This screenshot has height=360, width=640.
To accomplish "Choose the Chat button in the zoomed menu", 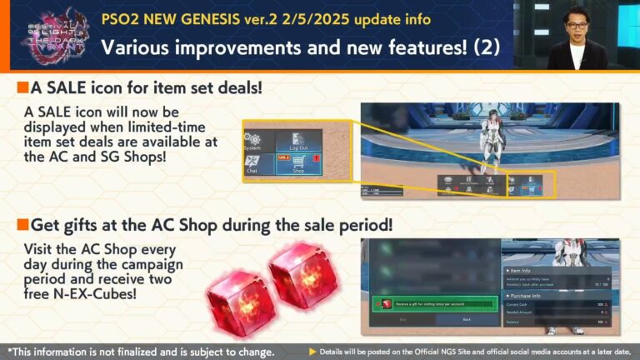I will pyautogui.click(x=253, y=164).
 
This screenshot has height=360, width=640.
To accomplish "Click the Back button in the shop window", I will pyautogui.click(x=466, y=319).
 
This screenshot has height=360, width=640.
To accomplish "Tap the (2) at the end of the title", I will pyautogui.click(x=487, y=47).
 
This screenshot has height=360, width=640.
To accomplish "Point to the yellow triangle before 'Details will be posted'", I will pyautogui.click(x=312, y=351).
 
